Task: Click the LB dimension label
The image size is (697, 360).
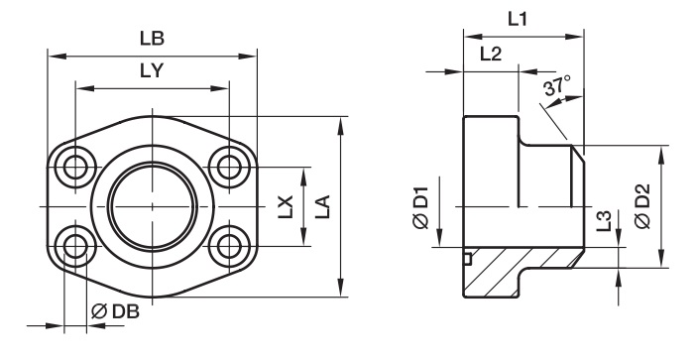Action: click(x=152, y=39)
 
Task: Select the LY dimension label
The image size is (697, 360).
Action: click(x=152, y=70)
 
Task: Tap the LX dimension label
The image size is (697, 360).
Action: click(x=286, y=206)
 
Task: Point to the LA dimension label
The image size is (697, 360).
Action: click(x=323, y=206)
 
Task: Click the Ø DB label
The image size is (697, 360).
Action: click(x=115, y=311)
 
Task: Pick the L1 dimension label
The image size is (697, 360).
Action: click(x=517, y=19)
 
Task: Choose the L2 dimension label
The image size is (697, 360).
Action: click(x=491, y=54)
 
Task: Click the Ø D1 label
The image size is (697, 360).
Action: click(x=420, y=208)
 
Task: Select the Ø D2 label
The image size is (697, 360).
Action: click(x=642, y=205)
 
